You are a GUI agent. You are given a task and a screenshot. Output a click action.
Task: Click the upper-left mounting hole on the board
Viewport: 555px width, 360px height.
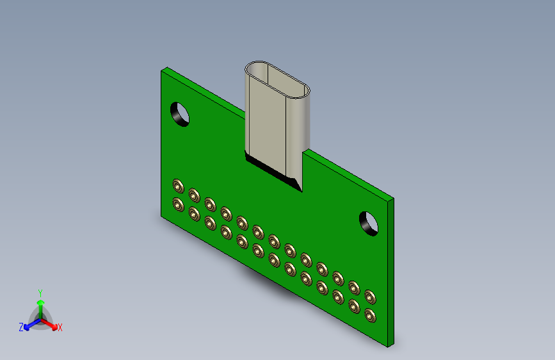[x=181, y=114]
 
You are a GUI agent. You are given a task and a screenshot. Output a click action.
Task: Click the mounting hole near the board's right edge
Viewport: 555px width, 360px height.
[x=368, y=222]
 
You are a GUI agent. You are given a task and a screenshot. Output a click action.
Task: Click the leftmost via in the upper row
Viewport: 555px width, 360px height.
[x=178, y=186]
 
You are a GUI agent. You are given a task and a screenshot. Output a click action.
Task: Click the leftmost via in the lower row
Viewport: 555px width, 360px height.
[x=178, y=205]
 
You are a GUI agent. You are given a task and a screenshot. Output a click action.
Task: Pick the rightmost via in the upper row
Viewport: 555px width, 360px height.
[x=369, y=296]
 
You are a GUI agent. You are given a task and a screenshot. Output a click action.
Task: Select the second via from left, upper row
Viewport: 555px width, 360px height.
[x=194, y=195]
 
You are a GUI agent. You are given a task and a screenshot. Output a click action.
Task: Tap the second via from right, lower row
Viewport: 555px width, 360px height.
[x=353, y=306]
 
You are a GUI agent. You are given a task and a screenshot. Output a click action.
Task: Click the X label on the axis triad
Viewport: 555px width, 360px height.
[x=60, y=328]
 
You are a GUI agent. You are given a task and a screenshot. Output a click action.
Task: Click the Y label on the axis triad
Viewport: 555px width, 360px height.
[x=40, y=291]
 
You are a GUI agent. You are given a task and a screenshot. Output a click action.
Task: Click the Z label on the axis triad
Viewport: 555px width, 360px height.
[x=21, y=327]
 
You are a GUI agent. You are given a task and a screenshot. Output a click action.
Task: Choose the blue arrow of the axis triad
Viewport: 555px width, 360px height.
[x=29, y=325]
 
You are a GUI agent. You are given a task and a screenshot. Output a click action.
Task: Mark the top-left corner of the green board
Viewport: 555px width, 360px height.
[x=161, y=69]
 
